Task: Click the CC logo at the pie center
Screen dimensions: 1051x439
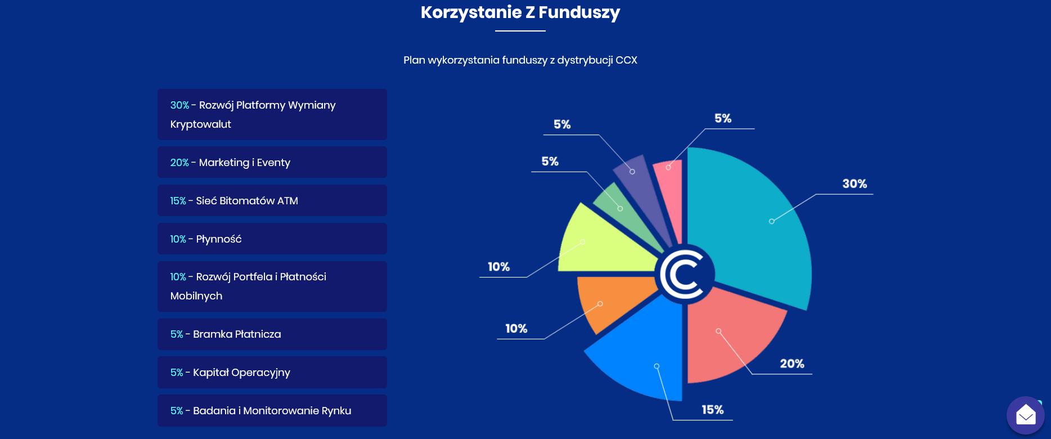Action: (685, 275)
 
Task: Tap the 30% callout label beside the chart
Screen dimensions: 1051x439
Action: (854, 183)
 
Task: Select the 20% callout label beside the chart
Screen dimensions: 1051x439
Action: (792, 364)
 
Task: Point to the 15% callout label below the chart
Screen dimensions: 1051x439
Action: (712, 410)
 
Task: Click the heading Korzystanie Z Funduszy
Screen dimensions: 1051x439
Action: (520, 12)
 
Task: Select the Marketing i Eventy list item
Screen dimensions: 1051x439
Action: (272, 162)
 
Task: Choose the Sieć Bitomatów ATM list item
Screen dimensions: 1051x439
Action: (272, 200)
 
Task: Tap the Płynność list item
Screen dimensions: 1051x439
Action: (272, 239)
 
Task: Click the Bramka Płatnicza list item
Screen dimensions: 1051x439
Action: (272, 334)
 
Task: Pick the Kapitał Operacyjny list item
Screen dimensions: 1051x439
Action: (272, 373)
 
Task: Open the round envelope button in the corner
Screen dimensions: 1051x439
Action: (1026, 415)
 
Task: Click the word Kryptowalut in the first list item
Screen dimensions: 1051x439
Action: (201, 124)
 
